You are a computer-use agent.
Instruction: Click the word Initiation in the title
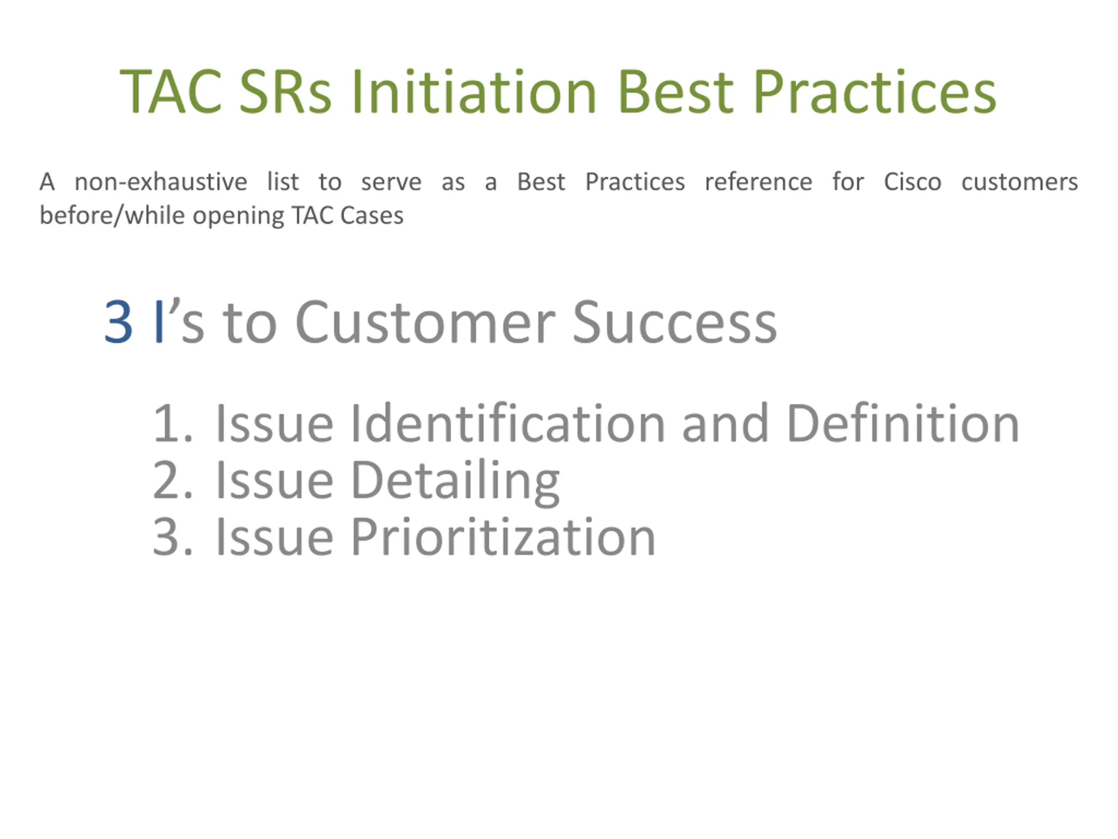coord(474,91)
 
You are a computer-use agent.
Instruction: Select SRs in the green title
coord(285,91)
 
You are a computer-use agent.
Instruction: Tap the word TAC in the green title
coord(170,91)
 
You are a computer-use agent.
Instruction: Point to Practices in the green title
coord(874,91)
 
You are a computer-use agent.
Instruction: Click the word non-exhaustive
coord(161,182)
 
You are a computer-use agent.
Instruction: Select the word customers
coord(1019,182)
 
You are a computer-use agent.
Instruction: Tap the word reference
coord(758,182)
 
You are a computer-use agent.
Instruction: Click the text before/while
coord(112,215)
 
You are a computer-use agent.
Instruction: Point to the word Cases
coord(372,216)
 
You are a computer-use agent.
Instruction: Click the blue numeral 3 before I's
coord(119,322)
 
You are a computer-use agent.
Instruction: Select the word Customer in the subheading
coord(425,322)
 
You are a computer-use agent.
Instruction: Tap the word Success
coord(675,322)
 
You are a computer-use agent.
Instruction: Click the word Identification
coord(508,423)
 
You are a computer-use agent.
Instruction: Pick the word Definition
coord(903,423)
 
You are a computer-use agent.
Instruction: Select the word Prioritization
coord(504,537)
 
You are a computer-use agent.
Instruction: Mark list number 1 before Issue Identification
coord(173,423)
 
